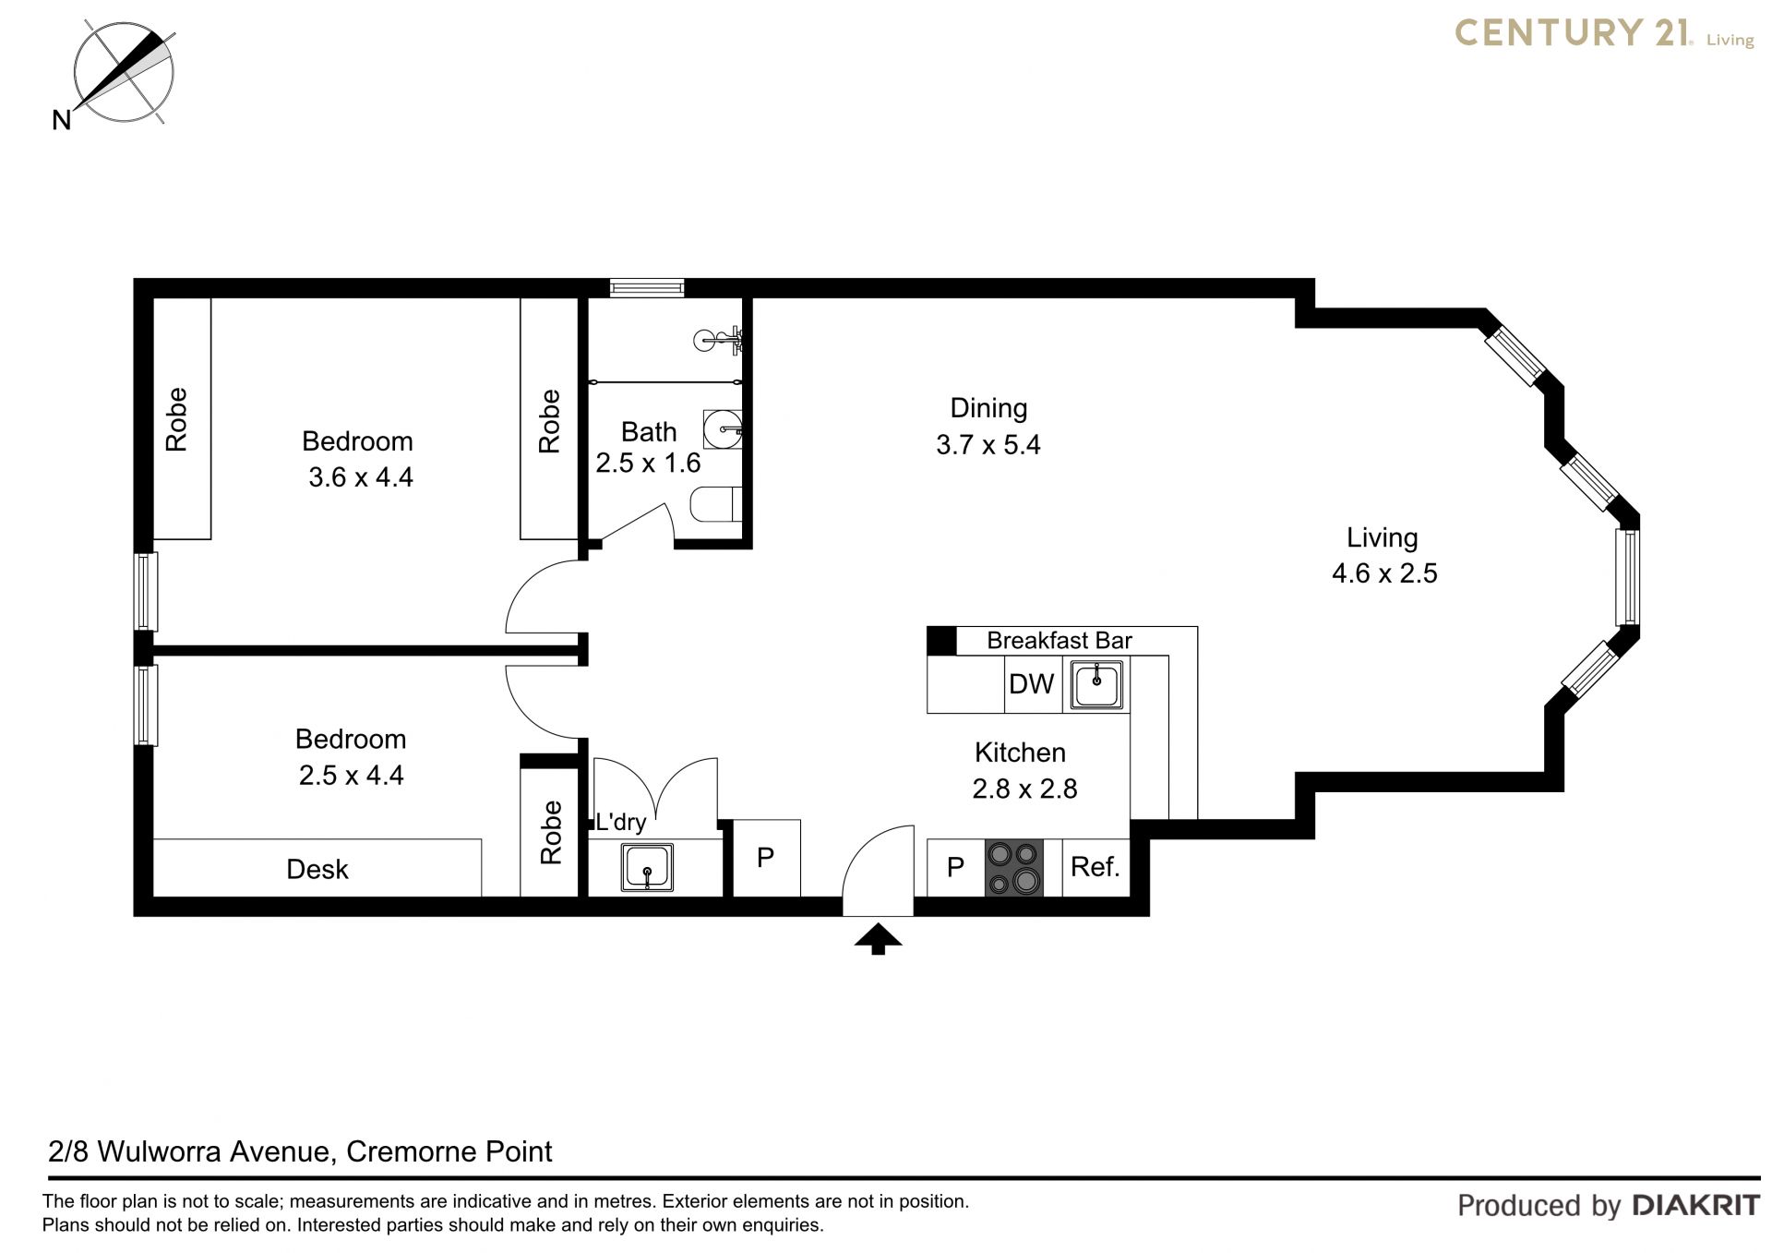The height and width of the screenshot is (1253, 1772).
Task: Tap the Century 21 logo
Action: [1604, 34]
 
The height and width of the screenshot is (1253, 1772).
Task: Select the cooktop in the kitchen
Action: [1014, 868]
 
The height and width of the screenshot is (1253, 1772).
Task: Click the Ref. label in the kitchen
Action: [1095, 867]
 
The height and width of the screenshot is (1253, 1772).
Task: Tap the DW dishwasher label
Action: [1031, 684]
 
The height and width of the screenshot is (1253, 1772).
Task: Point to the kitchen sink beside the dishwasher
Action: [1096, 685]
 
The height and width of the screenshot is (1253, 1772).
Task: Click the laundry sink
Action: [647, 868]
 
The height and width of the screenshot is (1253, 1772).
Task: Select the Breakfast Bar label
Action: [1060, 641]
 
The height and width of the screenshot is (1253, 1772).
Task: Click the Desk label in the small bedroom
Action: [317, 869]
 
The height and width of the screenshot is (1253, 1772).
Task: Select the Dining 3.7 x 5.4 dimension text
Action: [988, 427]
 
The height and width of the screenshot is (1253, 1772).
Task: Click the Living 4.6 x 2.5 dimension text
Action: [1384, 555]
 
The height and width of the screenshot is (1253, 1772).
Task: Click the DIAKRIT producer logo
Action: [1696, 1205]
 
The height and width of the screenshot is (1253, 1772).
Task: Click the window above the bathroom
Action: [647, 288]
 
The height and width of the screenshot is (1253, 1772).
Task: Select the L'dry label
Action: [620, 822]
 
